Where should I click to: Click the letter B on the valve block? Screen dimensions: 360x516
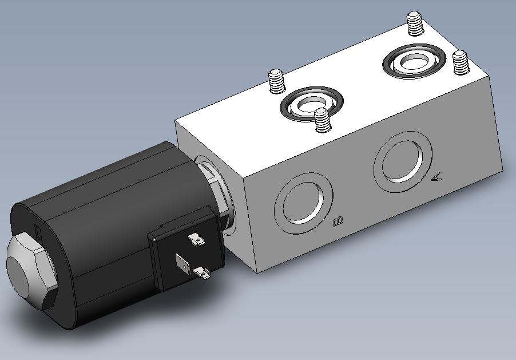tap(338, 221)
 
